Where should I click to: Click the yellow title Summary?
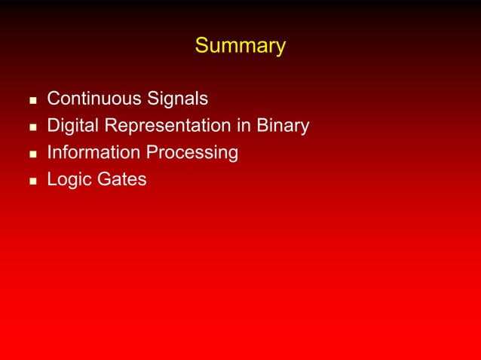click(240, 47)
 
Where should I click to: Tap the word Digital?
click(70, 126)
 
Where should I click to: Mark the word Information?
click(93, 153)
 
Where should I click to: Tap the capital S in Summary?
click(201, 47)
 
